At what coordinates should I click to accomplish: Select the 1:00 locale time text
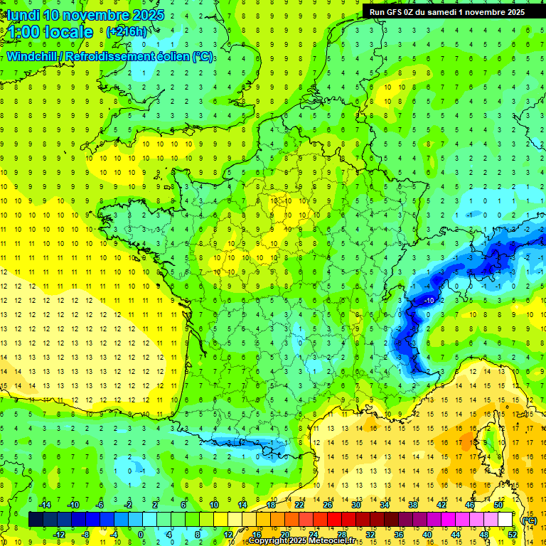coord(50,32)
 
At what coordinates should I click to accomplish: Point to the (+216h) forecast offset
coord(127,31)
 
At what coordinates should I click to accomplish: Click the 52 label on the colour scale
coord(513,535)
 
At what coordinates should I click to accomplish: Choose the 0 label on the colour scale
coord(141,535)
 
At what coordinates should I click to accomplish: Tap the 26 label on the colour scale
coord(328,505)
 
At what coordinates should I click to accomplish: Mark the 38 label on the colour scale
coord(413,505)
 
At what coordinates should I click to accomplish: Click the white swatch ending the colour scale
coord(505,520)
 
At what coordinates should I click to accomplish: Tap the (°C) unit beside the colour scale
coord(529,520)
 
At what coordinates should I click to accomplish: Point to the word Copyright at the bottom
coord(268,541)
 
